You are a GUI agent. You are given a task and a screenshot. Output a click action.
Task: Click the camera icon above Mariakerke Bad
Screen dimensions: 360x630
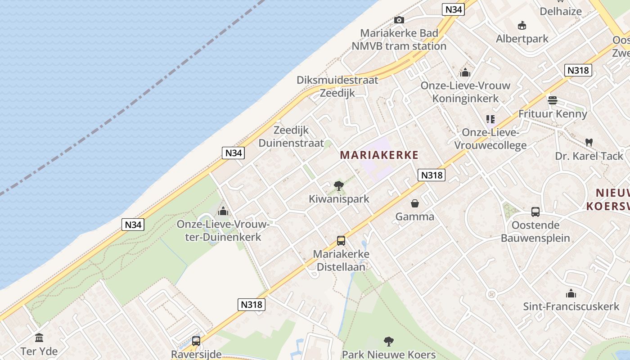[399, 20]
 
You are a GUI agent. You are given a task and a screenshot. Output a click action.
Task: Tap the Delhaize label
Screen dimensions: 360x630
[561, 11]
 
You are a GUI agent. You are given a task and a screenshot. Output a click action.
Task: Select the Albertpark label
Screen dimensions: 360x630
[522, 39]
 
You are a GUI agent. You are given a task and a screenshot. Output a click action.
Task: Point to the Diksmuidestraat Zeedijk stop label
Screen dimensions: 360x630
[337, 86]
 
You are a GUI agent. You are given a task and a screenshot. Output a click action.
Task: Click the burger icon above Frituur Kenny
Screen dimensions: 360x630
[553, 100]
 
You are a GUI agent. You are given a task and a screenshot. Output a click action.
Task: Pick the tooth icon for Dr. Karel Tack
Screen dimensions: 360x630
[589, 142]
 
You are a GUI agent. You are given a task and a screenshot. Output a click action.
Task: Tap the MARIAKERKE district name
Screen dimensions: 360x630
[379, 155]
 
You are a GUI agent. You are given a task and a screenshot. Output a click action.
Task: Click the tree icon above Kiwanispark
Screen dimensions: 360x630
[339, 185]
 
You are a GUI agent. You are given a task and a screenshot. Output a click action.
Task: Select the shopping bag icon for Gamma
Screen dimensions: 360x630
[414, 203]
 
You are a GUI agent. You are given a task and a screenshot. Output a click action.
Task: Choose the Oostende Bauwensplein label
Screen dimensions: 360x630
[535, 231]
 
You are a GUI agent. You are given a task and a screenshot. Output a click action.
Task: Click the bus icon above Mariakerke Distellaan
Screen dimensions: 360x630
[341, 241]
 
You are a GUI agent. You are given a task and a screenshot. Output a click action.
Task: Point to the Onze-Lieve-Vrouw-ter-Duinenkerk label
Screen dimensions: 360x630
[223, 230]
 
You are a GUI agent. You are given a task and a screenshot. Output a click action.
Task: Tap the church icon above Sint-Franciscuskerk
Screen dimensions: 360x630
[571, 294]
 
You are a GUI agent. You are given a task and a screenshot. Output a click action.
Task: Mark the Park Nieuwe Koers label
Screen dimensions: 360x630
[389, 355]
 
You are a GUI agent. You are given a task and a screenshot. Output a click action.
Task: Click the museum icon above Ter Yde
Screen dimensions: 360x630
[39, 337]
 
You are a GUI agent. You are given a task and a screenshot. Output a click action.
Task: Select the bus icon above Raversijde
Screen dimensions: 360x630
[196, 341]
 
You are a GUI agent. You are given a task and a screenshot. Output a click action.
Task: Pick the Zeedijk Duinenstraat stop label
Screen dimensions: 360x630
[291, 137]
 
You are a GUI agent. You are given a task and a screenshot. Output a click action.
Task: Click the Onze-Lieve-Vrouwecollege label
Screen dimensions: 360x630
[490, 139]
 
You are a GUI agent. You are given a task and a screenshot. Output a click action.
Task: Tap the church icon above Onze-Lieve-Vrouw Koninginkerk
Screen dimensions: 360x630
[465, 72]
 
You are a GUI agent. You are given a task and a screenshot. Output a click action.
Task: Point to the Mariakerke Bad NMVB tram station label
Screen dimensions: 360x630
[399, 40]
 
